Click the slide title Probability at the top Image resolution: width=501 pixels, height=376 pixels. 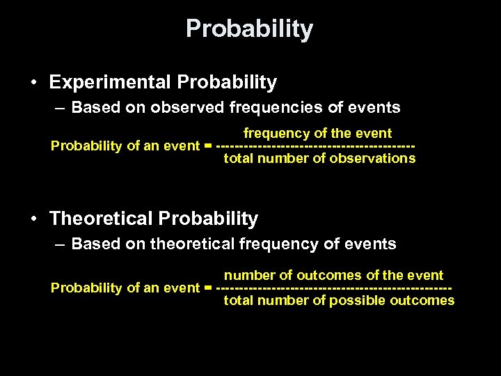click(250, 29)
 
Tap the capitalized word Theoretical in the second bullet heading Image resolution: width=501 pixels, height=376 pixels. click(102, 219)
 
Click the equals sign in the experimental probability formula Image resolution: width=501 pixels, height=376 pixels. click(208, 146)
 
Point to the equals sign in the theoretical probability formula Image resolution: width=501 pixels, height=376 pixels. click(208, 288)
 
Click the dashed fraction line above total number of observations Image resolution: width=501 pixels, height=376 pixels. click(316, 146)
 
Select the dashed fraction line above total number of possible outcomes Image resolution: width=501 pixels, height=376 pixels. click(334, 288)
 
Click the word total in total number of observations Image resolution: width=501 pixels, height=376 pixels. click(237, 158)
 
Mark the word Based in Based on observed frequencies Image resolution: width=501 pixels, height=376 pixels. click(91, 108)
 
